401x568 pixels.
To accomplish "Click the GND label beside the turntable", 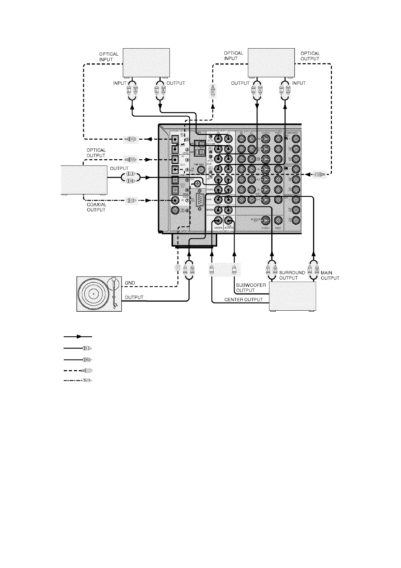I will (130, 282).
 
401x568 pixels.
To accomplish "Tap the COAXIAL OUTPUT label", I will (96, 207).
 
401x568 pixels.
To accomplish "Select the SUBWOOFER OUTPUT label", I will (251, 288).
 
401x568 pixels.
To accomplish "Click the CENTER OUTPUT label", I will (244, 300).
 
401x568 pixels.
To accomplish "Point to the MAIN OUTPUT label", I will (330, 275).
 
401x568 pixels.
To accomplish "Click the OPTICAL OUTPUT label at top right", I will (310, 56).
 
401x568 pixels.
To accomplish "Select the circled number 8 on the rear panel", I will (187, 211).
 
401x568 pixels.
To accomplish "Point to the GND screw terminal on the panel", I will (197, 183).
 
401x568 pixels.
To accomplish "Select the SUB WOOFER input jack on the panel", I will (229, 221).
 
